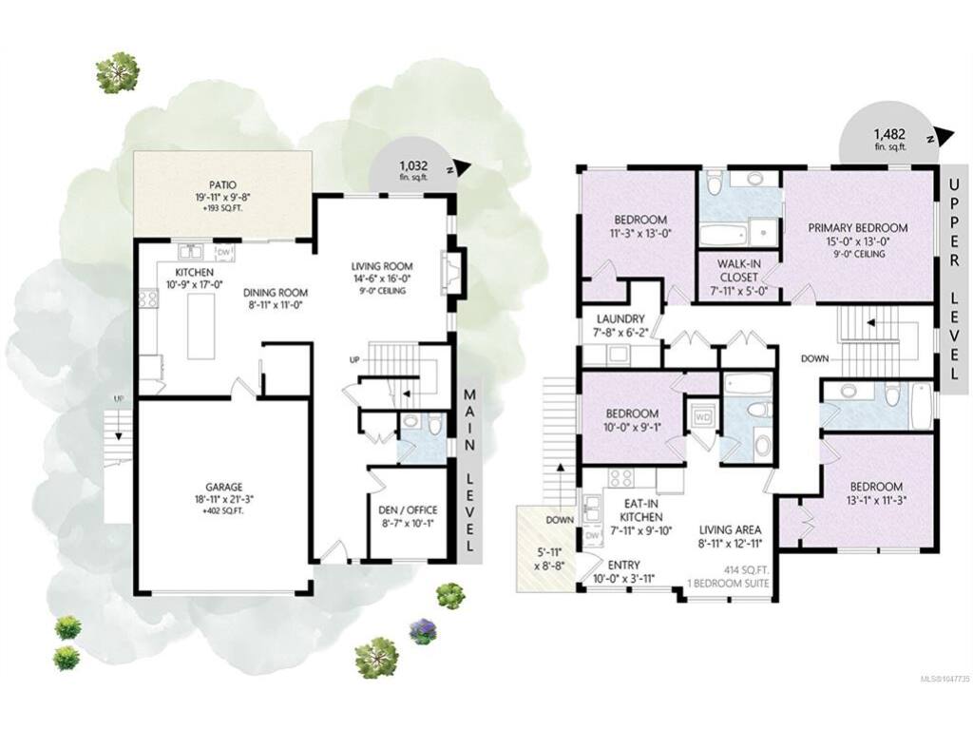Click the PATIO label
pyautogui.click(x=222, y=184)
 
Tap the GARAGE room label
pyautogui.click(x=224, y=488)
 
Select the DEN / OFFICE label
pyautogui.click(x=408, y=510)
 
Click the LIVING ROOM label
pyautogui.click(x=382, y=267)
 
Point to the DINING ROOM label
pyautogui.click(x=275, y=293)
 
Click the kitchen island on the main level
pyautogui.click(x=201, y=326)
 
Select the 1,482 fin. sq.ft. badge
pyautogui.click(x=889, y=139)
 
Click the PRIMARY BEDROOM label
pyautogui.click(x=858, y=228)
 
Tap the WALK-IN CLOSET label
pyautogui.click(x=738, y=270)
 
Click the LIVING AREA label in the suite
pyautogui.click(x=731, y=530)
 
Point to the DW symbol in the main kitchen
pyautogui.click(x=223, y=253)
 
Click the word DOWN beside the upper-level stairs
pyautogui.click(x=814, y=358)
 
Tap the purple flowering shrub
pyautogui.click(x=424, y=630)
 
